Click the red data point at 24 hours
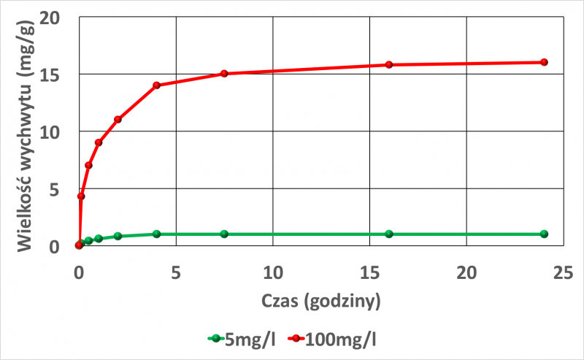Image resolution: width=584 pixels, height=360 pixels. tap(544, 62)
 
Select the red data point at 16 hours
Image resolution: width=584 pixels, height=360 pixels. tap(389, 64)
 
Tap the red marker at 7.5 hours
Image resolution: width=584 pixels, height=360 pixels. tap(224, 74)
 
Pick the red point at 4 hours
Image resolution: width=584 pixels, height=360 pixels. tap(156, 85)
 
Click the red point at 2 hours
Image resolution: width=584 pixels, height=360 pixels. tap(118, 119)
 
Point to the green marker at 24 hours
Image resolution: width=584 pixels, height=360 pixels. tap(544, 234)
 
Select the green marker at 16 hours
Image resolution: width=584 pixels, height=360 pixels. tap(389, 234)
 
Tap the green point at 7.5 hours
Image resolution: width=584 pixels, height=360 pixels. tap(224, 234)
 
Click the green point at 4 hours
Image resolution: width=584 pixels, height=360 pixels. tap(156, 234)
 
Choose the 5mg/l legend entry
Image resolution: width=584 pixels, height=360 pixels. tap(241, 338)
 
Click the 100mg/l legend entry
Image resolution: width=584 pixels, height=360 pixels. tap(339, 338)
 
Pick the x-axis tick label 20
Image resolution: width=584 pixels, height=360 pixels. tap(466, 272)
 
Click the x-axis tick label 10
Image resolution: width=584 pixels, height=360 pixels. tap(272, 272)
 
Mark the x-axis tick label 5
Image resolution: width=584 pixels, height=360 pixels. tap(176, 272)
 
